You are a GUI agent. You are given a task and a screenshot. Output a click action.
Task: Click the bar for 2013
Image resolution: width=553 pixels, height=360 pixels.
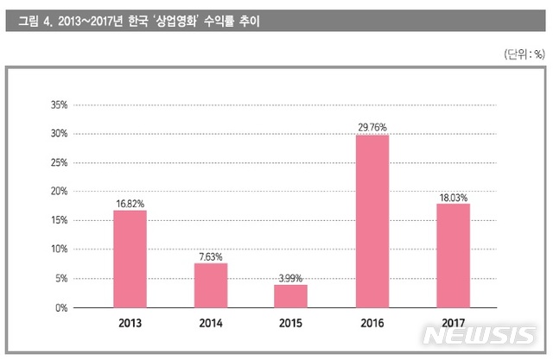[130, 259]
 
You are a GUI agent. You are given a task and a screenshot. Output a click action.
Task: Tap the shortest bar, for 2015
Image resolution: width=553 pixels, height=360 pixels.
[290, 296]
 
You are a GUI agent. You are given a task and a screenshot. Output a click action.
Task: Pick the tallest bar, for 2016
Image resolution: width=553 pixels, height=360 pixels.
[372, 221]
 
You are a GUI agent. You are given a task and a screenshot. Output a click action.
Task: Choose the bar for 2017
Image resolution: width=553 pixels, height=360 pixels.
[453, 255]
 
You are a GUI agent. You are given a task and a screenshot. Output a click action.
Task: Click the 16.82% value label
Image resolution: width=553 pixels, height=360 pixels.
[130, 204]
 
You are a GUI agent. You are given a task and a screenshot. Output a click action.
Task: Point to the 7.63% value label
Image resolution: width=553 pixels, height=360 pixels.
[210, 256]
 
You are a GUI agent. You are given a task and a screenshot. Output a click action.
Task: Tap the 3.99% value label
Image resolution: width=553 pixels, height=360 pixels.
[290, 278]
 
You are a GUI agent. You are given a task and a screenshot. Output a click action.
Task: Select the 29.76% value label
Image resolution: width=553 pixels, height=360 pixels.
[372, 128]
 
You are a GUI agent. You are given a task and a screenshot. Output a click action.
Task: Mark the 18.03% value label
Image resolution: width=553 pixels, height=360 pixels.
[453, 197]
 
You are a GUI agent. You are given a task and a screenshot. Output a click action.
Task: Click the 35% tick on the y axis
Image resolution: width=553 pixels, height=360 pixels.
[60, 105]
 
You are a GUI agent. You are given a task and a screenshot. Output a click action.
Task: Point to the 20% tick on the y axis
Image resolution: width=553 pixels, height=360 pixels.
[60, 192]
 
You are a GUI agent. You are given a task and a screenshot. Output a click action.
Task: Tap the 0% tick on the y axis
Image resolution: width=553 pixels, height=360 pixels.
[62, 307]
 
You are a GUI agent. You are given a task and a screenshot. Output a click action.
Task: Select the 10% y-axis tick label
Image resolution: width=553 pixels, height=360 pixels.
[60, 249]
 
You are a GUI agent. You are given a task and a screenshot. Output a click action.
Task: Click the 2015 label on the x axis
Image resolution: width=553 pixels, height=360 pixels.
[291, 325]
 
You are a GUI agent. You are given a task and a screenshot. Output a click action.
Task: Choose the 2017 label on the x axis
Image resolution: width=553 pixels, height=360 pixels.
[453, 325]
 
